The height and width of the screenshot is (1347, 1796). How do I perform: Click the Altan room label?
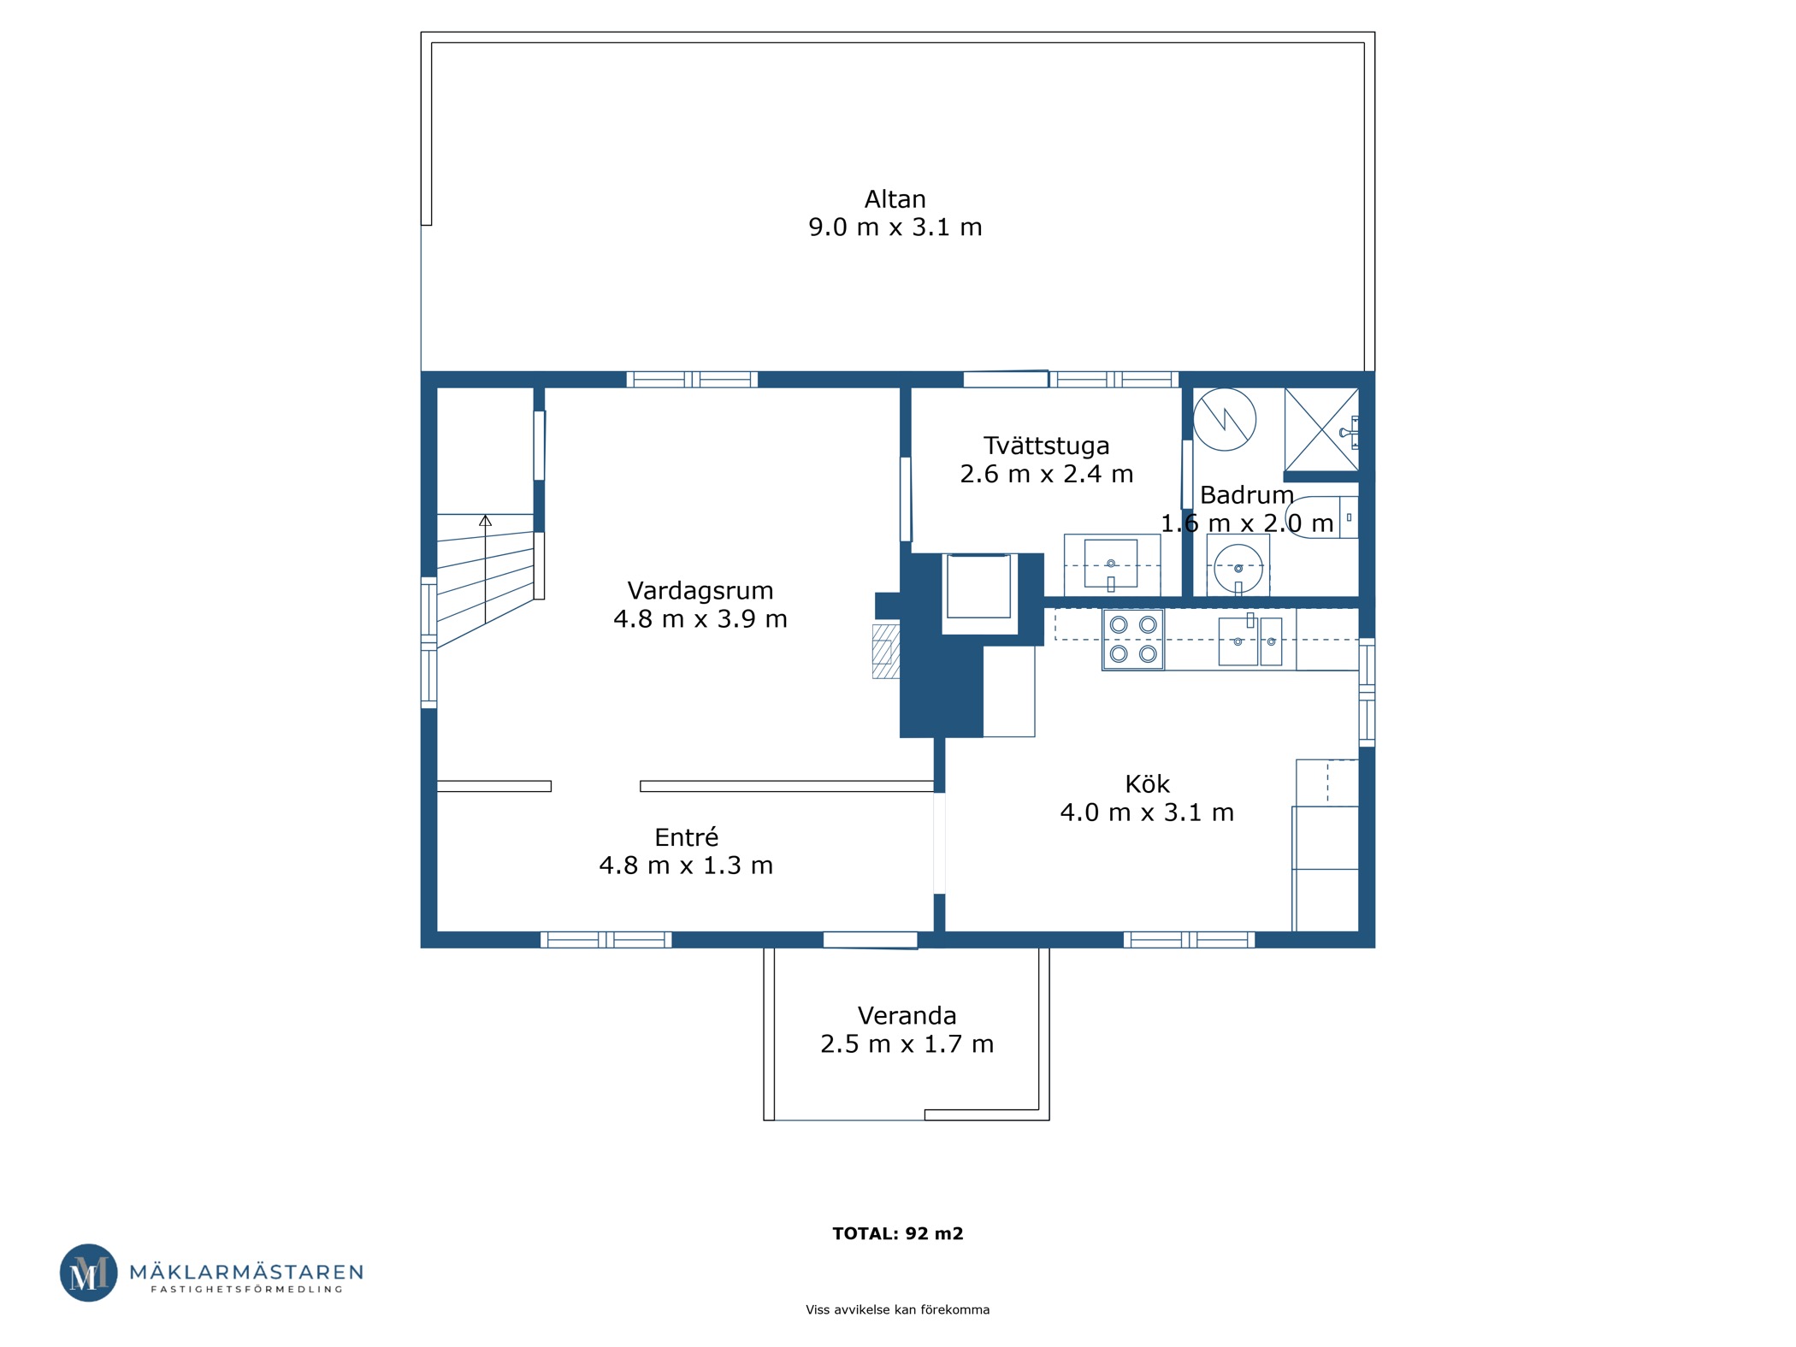[x=895, y=199]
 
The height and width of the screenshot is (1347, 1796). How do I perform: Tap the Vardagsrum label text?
[x=700, y=591]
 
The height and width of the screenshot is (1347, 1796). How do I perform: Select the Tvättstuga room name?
[x=1046, y=446]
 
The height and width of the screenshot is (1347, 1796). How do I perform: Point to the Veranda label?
[x=907, y=1016]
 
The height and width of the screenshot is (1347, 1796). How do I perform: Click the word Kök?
[x=1147, y=784]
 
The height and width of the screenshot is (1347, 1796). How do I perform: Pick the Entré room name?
[x=686, y=837]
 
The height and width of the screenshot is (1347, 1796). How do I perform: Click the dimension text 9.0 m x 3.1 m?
[x=895, y=227]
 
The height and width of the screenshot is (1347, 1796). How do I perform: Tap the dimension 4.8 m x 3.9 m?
[x=700, y=619]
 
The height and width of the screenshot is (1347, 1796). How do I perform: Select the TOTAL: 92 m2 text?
[x=898, y=1233]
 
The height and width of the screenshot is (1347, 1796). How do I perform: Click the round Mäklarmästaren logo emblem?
[x=88, y=1273]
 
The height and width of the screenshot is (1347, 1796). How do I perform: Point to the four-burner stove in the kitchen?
[x=1132, y=639]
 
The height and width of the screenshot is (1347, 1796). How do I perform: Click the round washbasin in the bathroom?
[x=1238, y=568]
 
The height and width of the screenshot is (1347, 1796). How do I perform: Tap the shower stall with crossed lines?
[x=1321, y=428]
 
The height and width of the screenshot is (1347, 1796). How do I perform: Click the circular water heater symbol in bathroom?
[x=1224, y=419]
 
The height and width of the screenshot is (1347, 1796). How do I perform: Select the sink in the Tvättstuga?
[x=1111, y=564]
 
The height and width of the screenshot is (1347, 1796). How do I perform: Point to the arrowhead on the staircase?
[x=485, y=520]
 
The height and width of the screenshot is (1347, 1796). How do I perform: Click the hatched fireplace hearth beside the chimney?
[x=885, y=652]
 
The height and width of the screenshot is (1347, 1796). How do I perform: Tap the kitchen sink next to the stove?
[x=1250, y=641]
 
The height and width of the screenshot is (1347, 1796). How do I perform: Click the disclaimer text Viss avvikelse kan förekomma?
[x=897, y=1309]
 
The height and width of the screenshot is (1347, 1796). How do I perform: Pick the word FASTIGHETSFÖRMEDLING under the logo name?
[x=247, y=1289]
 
